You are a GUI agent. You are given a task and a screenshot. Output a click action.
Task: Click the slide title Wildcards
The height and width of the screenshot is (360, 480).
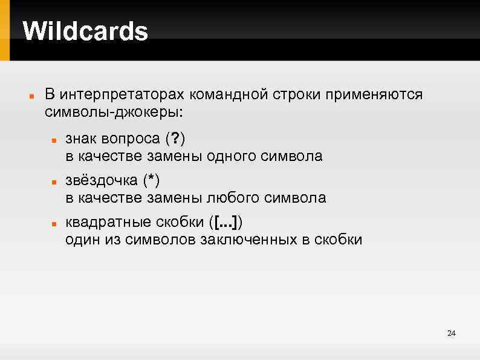85,31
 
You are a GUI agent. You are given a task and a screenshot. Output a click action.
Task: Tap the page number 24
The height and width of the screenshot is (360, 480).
451,333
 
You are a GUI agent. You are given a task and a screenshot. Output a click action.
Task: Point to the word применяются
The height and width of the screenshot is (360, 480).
375,95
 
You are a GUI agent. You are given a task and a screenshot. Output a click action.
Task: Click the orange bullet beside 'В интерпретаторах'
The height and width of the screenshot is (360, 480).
30,96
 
